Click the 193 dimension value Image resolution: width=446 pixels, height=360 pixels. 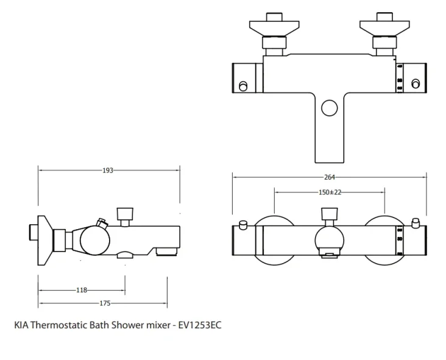pyautogui.click(x=108, y=171)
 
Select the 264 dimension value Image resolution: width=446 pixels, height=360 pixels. pyautogui.click(x=330, y=177)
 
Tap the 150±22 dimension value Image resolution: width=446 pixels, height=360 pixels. pyautogui.click(x=330, y=192)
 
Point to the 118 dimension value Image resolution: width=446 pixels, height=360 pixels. pyautogui.click(x=82, y=290)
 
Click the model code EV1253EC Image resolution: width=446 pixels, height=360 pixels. pyautogui.click(x=200, y=325)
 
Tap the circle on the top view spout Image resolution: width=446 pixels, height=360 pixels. pyautogui.click(x=329, y=108)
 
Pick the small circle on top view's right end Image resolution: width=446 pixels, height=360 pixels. pyautogui.click(x=416, y=83)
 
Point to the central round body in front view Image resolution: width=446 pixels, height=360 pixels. pyautogui.click(x=329, y=239)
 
